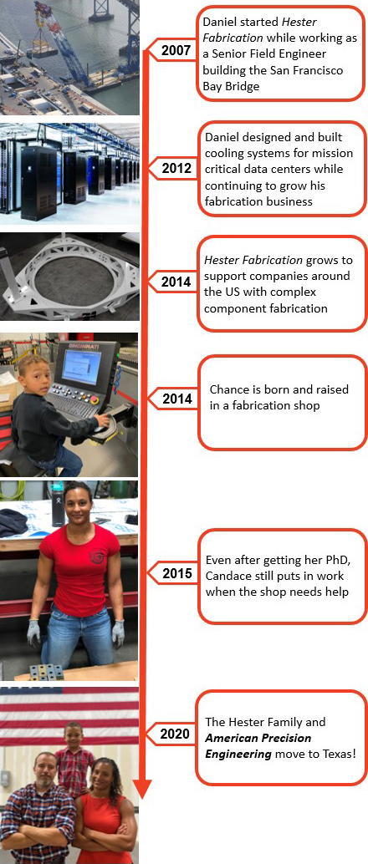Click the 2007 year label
176,51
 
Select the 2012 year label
176,169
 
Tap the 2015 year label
177,574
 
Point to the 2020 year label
175,734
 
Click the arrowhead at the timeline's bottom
142,788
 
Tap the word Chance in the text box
227,389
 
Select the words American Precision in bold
258,737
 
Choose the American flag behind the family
69,715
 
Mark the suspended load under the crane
42,51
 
